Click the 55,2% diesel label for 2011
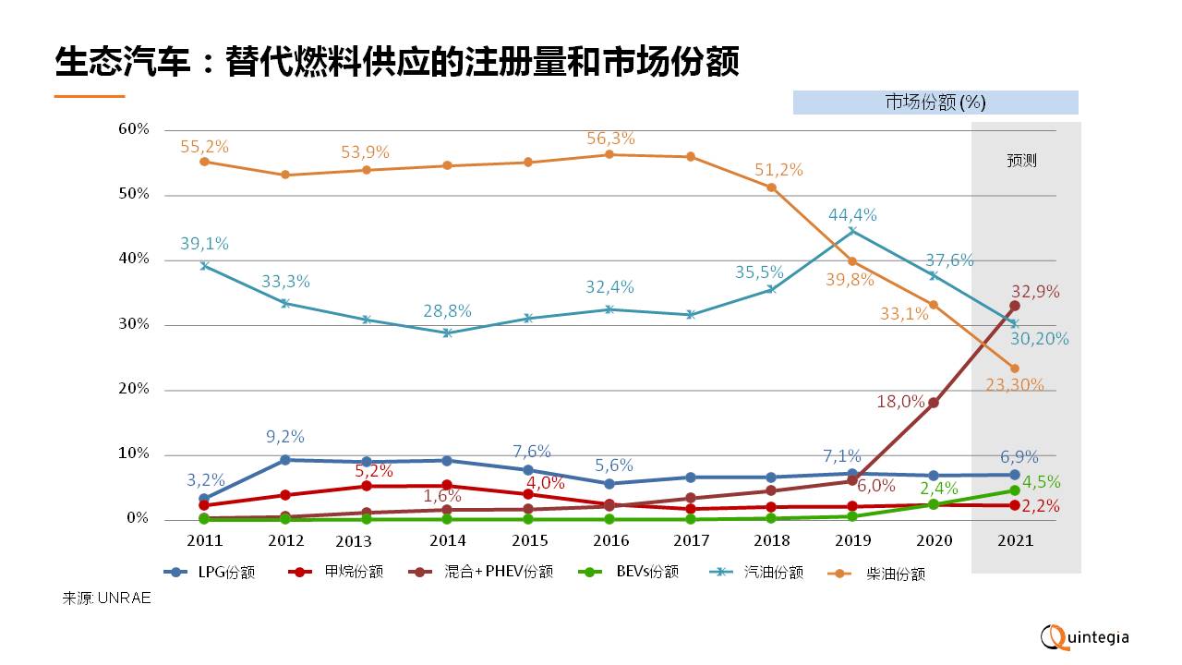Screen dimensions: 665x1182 click(205, 147)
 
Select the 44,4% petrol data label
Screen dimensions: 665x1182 click(852, 215)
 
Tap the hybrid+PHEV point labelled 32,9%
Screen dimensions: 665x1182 click(1014, 306)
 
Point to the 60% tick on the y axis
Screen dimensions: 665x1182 click(134, 129)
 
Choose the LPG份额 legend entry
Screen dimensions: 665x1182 click(210, 572)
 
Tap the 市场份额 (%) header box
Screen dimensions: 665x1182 click(935, 103)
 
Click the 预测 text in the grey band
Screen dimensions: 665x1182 click(1021, 161)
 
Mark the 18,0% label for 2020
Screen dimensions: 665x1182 click(901, 402)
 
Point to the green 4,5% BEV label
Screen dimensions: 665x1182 click(1040, 482)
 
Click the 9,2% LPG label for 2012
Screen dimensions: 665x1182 click(285, 437)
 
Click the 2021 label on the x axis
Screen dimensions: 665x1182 click(1014, 540)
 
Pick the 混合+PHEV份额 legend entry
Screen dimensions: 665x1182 click(481, 572)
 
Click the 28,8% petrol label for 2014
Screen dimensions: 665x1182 click(448, 312)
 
